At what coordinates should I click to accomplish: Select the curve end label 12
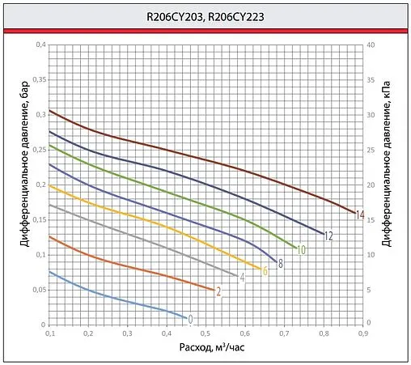(328, 236)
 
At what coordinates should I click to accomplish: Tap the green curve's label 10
(301, 250)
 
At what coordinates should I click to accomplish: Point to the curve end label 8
(279, 264)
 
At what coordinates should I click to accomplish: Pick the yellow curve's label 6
(265, 271)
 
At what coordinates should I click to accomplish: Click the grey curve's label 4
(242, 278)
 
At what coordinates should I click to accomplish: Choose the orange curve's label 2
(218, 291)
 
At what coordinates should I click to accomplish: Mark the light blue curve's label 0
(191, 319)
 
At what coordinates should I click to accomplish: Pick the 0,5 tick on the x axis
(206, 333)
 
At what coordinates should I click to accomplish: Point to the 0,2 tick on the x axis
(88, 333)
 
